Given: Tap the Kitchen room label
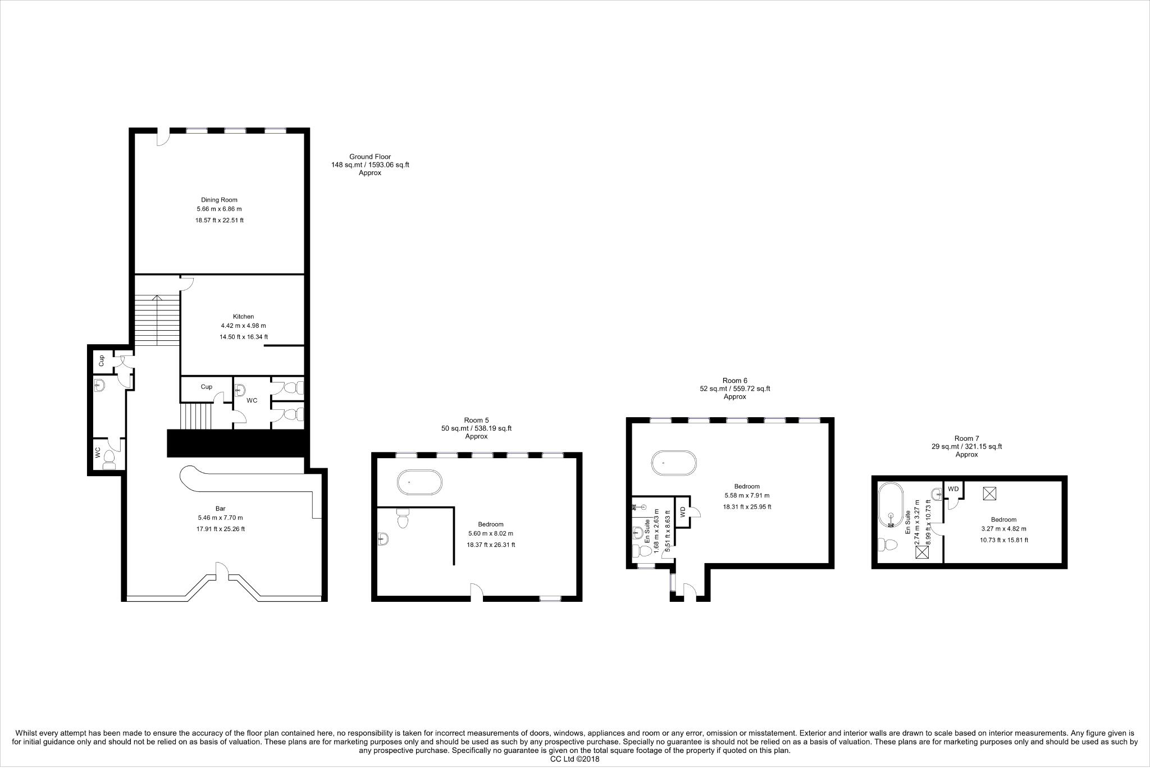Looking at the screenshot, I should (x=243, y=317).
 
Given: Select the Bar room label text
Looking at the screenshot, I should (x=220, y=509).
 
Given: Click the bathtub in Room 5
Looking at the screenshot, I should (x=419, y=483).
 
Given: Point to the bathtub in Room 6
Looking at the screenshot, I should (x=674, y=464).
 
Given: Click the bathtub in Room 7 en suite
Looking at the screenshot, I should (x=891, y=505).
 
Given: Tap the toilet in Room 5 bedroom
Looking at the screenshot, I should (x=403, y=519).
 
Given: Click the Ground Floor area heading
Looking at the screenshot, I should (x=369, y=157).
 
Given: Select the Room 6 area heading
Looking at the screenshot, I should (x=734, y=381).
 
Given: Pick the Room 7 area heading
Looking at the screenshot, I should (x=966, y=438).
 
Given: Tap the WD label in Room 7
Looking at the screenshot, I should (x=953, y=489).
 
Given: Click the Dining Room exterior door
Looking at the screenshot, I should (x=163, y=137).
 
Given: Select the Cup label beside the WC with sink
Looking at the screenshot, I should (x=206, y=387).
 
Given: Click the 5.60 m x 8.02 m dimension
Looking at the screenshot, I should (x=490, y=534).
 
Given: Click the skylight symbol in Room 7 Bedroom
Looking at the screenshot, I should (x=989, y=493).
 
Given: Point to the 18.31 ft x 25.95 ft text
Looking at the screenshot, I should (x=747, y=506).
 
